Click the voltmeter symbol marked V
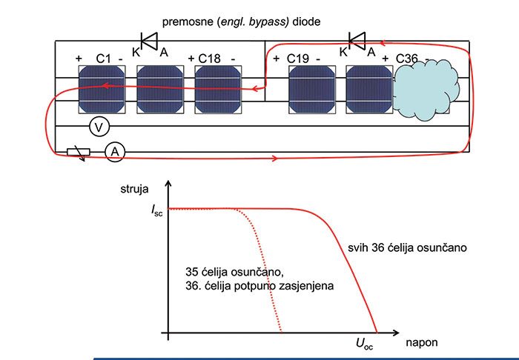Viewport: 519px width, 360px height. click(96, 127)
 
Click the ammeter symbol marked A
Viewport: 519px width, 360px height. click(113, 152)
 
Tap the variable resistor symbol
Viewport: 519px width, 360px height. click(78, 153)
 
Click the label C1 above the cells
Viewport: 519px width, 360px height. click(104, 58)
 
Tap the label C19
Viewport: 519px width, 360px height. click(299, 58)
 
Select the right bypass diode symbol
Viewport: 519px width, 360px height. click(359, 41)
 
